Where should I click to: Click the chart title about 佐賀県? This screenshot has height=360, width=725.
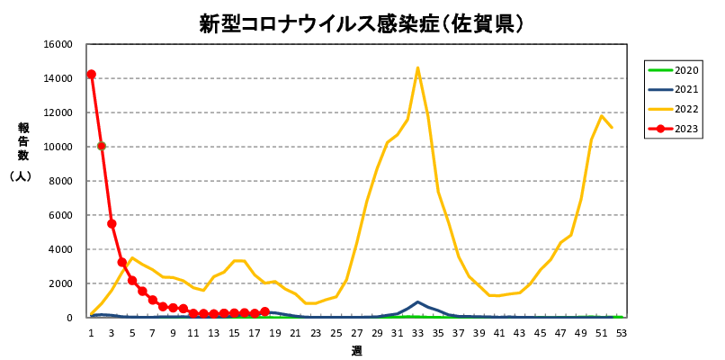[x=362, y=22]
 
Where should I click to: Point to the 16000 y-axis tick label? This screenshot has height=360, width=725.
[x=58, y=44]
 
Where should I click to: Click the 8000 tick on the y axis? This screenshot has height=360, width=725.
[x=61, y=181]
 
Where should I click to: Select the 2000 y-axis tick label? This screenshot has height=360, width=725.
[x=61, y=283]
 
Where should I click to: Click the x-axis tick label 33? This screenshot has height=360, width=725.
[x=417, y=332]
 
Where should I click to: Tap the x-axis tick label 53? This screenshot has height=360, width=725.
[x=621, y=332]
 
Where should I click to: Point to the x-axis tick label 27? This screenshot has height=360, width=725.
[x=356, y=332]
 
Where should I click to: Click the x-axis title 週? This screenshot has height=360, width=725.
[x=356, y=350]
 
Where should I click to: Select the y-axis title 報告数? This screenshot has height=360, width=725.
[x=23, y=142]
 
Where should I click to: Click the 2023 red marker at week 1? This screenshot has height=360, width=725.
[x=91, y=75]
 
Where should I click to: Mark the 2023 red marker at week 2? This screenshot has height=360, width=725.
[x=102, y=146]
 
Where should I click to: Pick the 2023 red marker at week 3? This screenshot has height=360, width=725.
[x=112, y=223]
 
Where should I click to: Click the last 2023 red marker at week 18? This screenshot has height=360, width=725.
[x=264, y=311]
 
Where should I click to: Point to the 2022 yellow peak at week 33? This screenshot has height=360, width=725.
[x=417, y=67]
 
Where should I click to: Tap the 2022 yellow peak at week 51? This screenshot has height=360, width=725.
[x=602, y=116]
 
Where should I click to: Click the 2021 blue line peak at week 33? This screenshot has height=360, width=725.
[x=417, y=302]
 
